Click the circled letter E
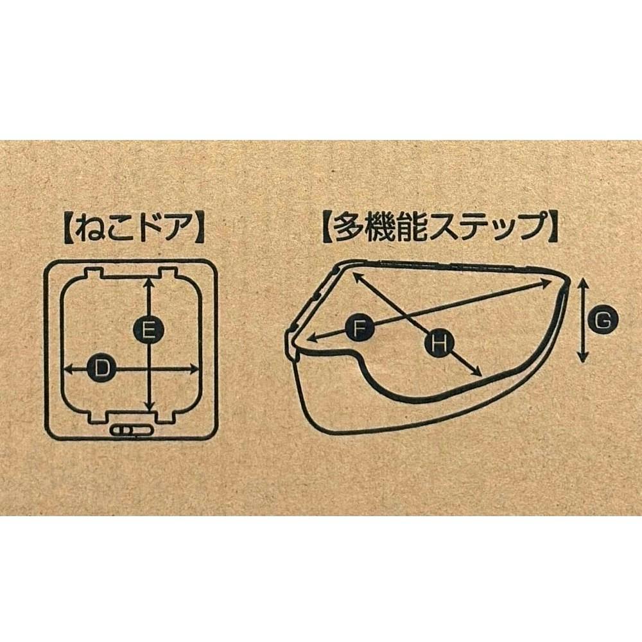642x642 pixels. pyautogui.click(x=149, y=329)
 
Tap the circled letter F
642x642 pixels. pyautogui.click(x=359, y=328)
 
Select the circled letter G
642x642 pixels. pyautogui.click(x=602, y=320)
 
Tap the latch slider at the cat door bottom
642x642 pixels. pyautogui.click(x=132, y=430)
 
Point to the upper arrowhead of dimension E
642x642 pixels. pyautogui.click(x=150, y=282)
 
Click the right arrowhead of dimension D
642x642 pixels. pyautogui.click(x=194, y=370)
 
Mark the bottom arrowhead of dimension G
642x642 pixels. pyautogui.click(x=584, y=358)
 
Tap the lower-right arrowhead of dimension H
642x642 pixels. pyautogui.click(x=476, y=372)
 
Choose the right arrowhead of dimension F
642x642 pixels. pyautogui.click(x=547, y=282)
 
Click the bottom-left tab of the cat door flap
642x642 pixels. pyautogui.click(x=97, y=417)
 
